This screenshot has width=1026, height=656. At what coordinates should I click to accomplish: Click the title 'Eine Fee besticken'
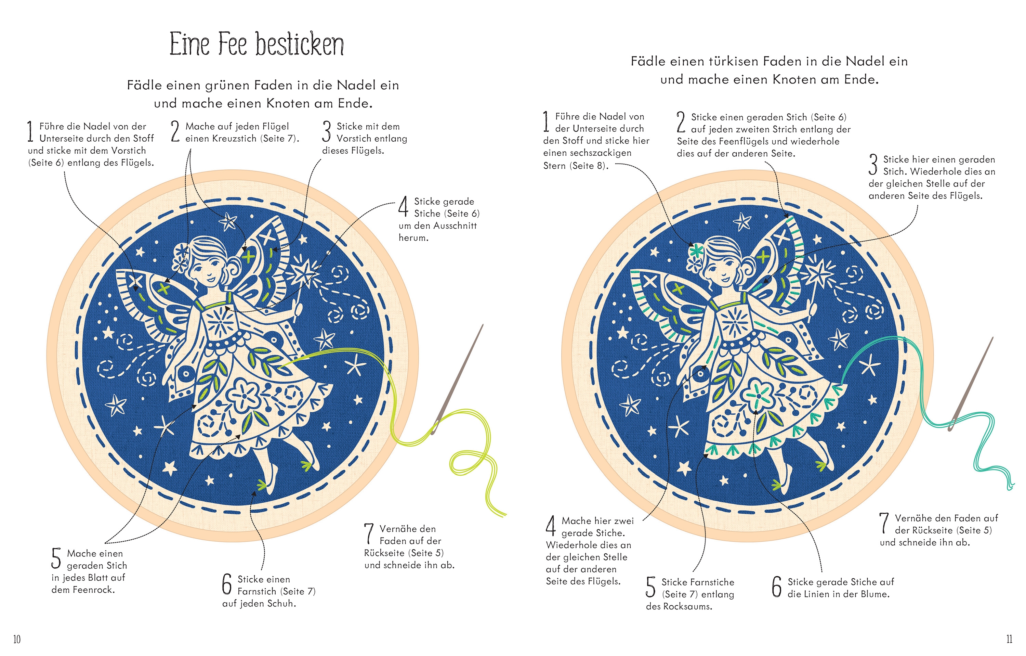tap(256, 44)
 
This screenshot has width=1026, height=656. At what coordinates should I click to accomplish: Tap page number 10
tap(17, 639)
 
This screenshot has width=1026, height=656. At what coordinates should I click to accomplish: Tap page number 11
tap(1009, 639)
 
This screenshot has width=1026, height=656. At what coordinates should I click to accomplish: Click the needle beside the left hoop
tap(458, 380)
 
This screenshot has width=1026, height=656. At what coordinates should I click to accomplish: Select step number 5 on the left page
tap(56, 559)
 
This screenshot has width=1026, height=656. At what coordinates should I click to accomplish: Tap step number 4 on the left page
tap(404, 206)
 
